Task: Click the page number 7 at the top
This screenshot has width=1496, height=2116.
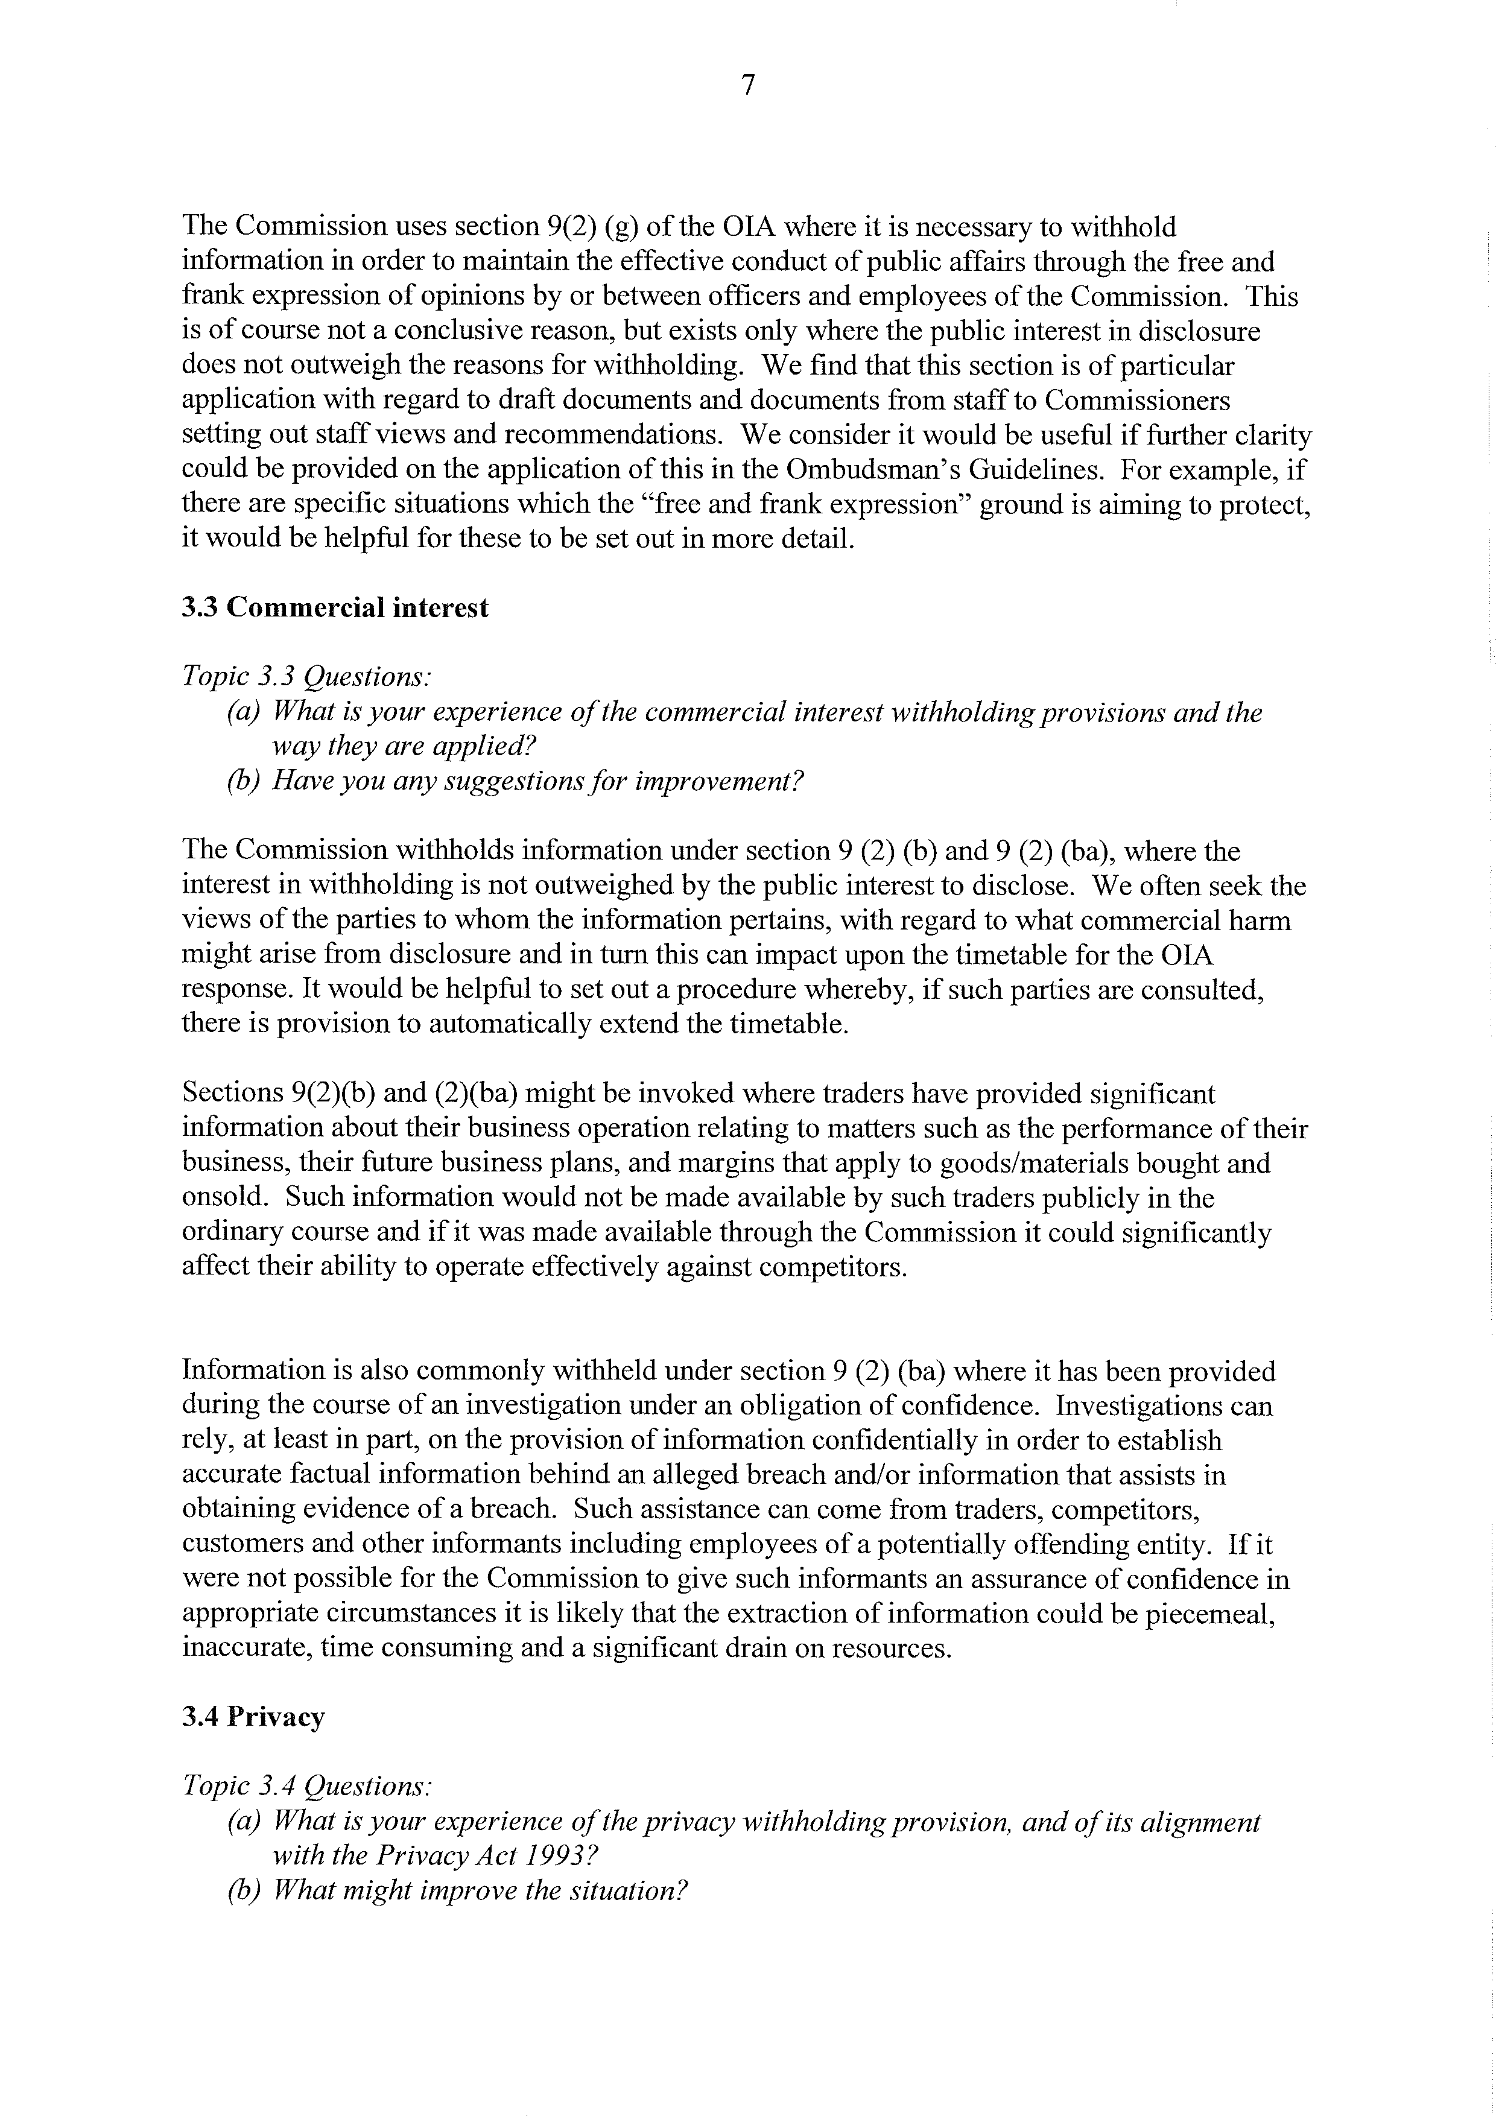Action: (x=747, y=86)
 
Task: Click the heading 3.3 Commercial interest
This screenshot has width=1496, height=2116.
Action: (x=335, y=608)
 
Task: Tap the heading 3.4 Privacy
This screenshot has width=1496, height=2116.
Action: (x=253, y=1717)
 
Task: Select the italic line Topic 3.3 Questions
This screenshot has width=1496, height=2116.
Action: (x=306, y=677)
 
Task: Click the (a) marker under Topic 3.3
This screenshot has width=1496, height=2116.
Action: (x=243, y=712)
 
